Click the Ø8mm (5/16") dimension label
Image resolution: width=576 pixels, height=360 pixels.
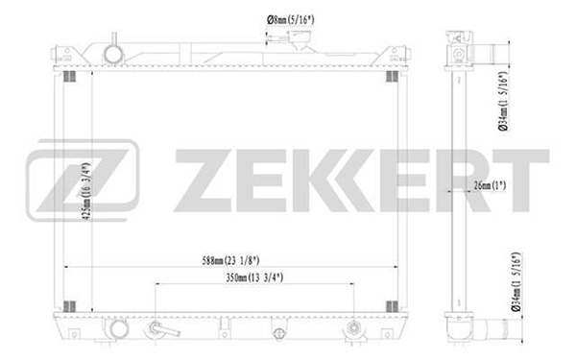tap(290, 19)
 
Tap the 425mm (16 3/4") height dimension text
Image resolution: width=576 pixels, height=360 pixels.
tap(86, 191)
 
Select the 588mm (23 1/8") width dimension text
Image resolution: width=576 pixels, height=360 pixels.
tap(230, 260)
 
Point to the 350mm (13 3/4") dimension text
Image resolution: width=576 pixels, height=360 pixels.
tap(254, 277)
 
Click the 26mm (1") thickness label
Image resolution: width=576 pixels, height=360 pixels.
tap(490, 185)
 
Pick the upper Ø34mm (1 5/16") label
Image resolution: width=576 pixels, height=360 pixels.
tap(503, 101)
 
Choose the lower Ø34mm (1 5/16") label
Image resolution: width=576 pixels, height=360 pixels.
tap(516, 281)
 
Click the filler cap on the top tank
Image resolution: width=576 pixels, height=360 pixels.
tap(300, 39)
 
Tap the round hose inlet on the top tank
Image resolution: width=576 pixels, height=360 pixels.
tap(113, 55)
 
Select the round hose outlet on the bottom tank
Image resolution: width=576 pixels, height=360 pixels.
tap(118, 329)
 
